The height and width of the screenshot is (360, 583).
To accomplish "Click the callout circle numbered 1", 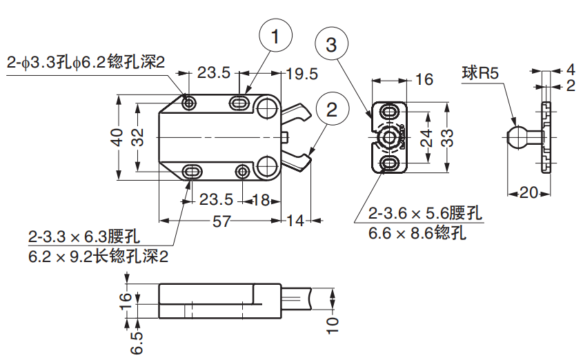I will [x=275, y=38].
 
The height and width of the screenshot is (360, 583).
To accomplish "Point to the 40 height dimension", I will [x=117, y=137].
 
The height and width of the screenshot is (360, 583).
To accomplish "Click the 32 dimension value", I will [x=138, y=137].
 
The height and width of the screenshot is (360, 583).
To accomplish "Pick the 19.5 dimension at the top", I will [x=302, y=73].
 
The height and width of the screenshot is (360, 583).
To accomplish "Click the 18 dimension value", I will [x=261, y=200].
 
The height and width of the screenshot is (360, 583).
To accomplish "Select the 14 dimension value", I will [x=295, y=221].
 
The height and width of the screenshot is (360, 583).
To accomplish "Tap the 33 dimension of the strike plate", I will [x=448, y=137].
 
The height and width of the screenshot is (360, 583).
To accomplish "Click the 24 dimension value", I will [x=426, y=137].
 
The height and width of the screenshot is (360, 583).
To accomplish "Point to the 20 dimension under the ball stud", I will [x=528, y=193].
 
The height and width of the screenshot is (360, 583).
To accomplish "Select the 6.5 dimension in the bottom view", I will [x=135, y=341].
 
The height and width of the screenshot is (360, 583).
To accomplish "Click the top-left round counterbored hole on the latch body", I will [x=189, y=103].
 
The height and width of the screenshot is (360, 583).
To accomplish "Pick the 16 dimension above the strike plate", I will [x=424, y=79].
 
